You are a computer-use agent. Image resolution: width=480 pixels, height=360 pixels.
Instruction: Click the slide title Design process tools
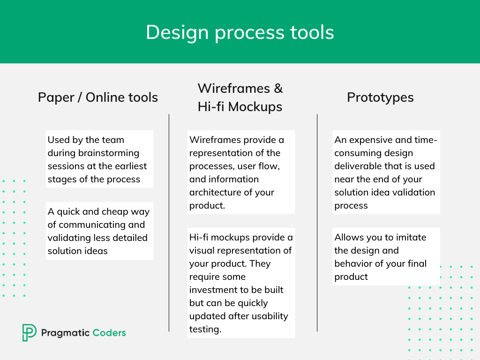point(240,32)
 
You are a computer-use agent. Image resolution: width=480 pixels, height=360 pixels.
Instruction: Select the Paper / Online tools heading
point(98,97)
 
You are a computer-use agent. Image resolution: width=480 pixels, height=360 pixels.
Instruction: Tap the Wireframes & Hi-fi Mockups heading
point(240,97)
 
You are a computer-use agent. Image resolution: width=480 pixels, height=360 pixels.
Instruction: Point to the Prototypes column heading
point(380,98)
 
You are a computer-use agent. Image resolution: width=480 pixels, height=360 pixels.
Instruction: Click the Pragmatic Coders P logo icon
point(29,332)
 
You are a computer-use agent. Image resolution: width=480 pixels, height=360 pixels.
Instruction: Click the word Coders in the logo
point(109,333)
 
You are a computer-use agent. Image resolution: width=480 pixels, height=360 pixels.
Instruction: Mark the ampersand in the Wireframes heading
point(278,89)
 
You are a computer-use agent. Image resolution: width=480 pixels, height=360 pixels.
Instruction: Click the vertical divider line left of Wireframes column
point(169,223)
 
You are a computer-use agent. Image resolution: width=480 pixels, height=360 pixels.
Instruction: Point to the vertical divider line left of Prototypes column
point(317,223)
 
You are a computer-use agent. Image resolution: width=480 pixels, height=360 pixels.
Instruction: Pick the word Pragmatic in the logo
point(66,333)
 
